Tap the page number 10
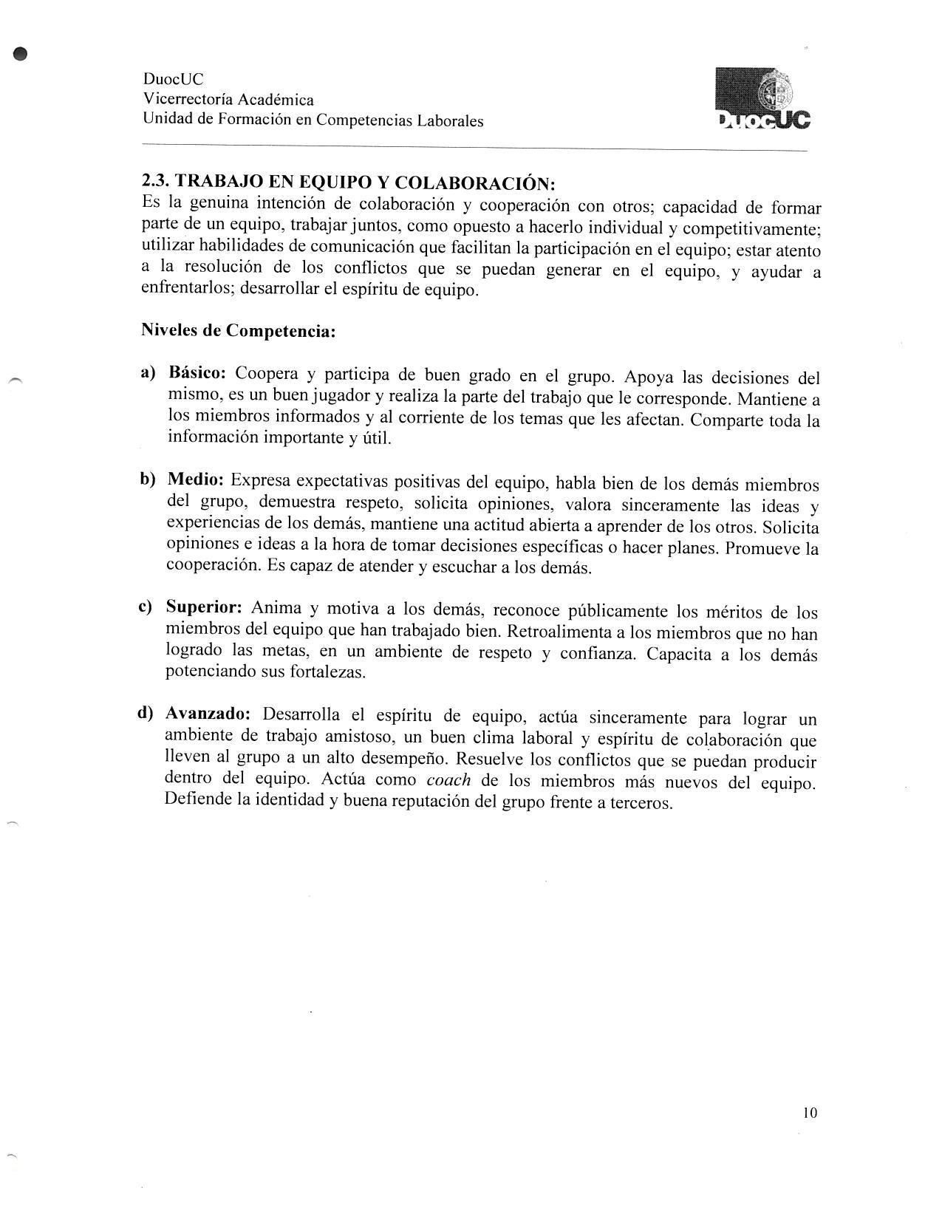[809, 1113]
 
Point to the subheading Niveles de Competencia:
[238, 330]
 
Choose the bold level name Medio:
[196, 479]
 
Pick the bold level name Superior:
[204, 607]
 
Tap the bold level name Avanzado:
[208, 714]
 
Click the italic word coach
[448, 780]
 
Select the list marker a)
[149, 372]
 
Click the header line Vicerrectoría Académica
[228, 100]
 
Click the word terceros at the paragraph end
[645, 803]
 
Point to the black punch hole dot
[21, 53]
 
